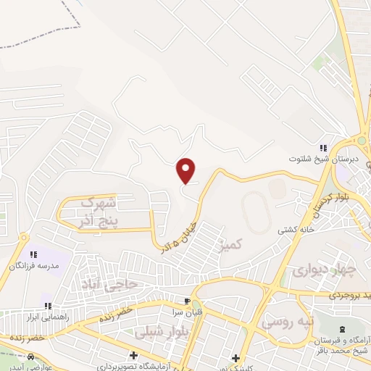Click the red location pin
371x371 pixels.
click(x=186, y=170)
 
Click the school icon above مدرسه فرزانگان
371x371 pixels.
click(x=33, y=254)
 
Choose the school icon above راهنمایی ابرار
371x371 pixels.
click(x=48, y=306)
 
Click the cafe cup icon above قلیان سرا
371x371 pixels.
click(x=187, y=301)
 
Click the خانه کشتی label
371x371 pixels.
click(x=294, y=230)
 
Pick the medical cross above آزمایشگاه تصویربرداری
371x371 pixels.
click(x=133, y=355)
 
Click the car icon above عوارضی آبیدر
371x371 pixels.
click(x=31, y=357)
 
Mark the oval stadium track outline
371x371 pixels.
click(x=255, y=210)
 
